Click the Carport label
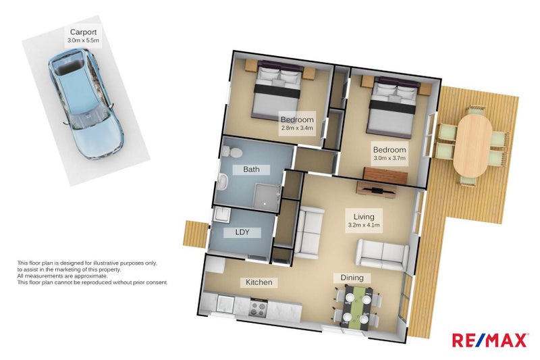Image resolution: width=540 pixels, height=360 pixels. click(x=83, y=32)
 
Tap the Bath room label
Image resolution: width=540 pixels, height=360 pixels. click(x=251, y=169)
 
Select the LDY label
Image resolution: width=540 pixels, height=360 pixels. click(x=242, y=232)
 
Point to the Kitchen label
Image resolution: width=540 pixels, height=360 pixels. click(x=259, y=282)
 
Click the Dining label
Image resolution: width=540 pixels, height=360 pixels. click(x=352, y=278)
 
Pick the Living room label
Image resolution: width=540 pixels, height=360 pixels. click(x=364, y=217)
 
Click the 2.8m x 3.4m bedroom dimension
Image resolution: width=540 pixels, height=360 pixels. click(x=297, y=128)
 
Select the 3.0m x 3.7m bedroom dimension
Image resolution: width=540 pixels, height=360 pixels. click(x=389, y=158)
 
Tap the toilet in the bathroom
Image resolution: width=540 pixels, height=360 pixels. click(x=230, y=151)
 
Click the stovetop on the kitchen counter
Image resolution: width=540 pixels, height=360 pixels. click(x=258, y=308)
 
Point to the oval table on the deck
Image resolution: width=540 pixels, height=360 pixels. click(x=472, y=146)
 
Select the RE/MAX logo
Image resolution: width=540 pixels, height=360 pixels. click(x=490, y=340)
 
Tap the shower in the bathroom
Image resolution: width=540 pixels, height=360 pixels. click(x=266, y=197)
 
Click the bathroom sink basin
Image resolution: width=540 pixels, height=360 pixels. click(x=223, y=181)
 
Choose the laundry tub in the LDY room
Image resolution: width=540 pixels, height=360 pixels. click(x=221, y=215)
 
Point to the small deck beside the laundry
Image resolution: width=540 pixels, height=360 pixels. click(x=194, y=234)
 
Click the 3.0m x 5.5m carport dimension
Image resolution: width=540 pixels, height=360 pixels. click(x=83, y=41)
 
